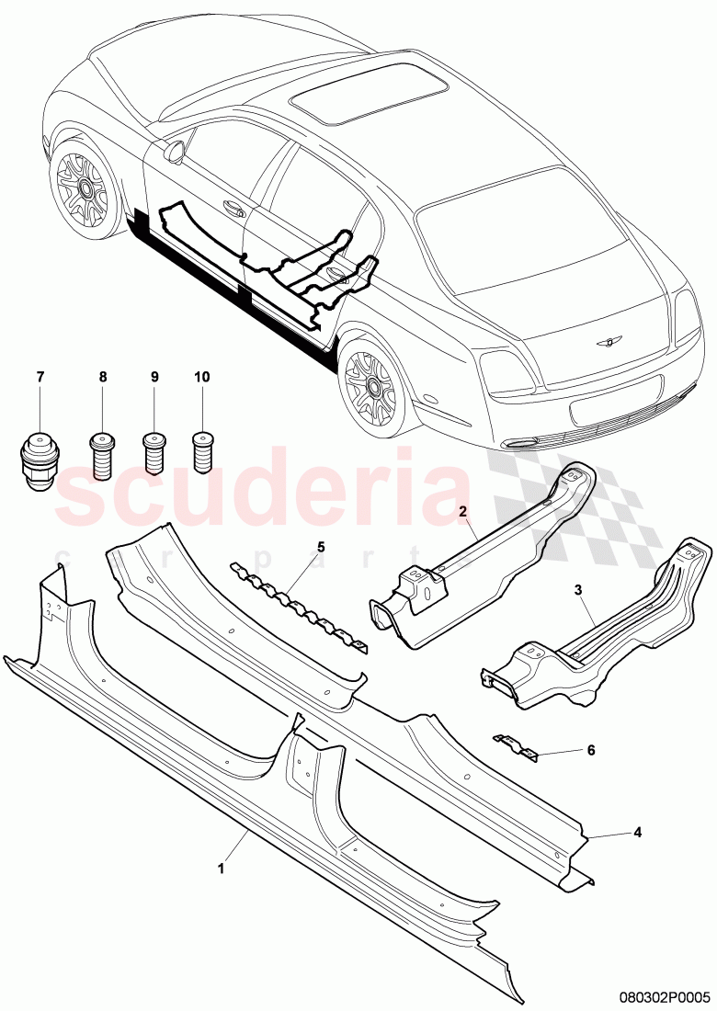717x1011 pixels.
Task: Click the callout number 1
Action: pyautogui.click(x=220, y=866)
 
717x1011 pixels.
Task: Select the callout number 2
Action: pyautogui.click(x=463, y=510)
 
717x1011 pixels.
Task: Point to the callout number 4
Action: pyautogui.click(x=636, y=834)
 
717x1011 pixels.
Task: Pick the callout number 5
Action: pyautogui.click(x=321, y=547)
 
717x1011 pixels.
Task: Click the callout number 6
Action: pyautogui.click(x=591, y=750)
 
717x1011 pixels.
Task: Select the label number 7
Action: pyautogui.click(x=40, y=377)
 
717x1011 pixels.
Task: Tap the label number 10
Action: pyautogui.click(x=202, y=377)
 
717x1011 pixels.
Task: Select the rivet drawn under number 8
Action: pyautogui.click(x=103, y=453)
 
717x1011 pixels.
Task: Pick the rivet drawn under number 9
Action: pyautogui.click(x=154, y=453)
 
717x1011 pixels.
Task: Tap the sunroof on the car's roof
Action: pyautogui.click(x=368, y=91)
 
